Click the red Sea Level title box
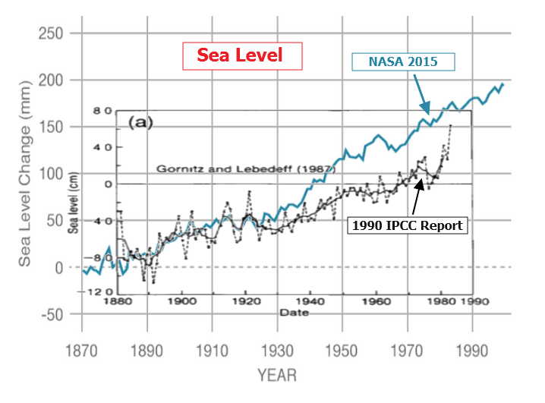(x=240, y=55)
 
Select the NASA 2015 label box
(x=403, y=61)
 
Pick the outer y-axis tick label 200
(x=52, y=80)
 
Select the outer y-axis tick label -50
(x=52, y=314)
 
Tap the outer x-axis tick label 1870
(x=81, y=354)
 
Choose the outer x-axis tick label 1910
(x=212, y=354)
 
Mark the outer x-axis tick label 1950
(x=342, y=354)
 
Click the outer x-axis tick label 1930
(x=277, y=354)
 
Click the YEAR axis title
(x=276, y=376)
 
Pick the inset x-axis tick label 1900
(x=181, y=301)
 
